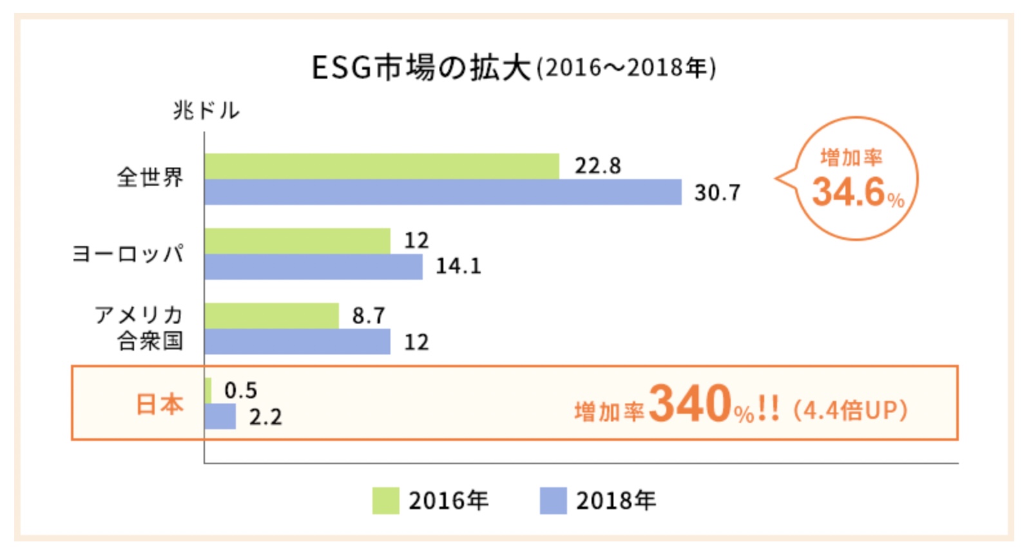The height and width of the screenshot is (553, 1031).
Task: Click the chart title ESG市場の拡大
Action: coord(421,68)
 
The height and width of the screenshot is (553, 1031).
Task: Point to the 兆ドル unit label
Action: coord(206,111)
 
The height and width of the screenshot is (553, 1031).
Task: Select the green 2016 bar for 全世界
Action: coord(381,166)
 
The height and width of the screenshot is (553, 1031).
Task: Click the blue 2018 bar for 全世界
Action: coord(443,192)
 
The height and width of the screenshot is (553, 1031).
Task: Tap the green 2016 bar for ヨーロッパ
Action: coord(297,241)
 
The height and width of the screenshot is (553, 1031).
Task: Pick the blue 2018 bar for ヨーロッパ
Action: coord(313,267)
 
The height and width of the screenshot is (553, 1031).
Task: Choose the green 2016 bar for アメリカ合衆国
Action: coord(271,316)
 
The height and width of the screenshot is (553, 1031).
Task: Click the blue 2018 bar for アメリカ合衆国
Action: coord(297,342)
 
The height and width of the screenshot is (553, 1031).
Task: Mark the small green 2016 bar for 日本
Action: coord(208,391)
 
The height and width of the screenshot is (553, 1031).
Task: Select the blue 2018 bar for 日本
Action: coord(220,416)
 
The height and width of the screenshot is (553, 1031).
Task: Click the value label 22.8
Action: coord(598,166)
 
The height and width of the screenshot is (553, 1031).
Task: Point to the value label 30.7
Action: coord(717,193)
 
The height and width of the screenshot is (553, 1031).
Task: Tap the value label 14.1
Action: coord(458,266)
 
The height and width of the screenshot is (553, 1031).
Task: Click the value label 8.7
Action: coord(369,316)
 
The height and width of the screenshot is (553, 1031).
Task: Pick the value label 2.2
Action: coord(265,417)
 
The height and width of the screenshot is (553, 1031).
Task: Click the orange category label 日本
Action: coord(160,404)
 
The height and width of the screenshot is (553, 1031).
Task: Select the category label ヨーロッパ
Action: coord(128,253)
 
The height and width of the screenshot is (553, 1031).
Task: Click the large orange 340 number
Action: coord(690,403)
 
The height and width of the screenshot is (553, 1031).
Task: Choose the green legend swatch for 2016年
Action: coord(385,501)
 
